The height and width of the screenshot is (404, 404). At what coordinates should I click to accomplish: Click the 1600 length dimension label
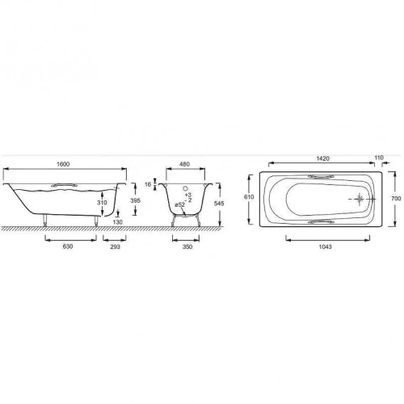tap(63, 164)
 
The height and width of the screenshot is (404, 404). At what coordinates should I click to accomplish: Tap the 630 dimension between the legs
tap(68, 246)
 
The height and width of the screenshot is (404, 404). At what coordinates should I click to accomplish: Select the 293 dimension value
tap(115, 246)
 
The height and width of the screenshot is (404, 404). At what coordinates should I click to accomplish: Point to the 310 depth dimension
tap(102, 202)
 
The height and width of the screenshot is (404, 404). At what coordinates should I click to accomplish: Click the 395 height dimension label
tap(135, 200)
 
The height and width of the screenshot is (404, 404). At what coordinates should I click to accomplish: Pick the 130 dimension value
tap(118, 222)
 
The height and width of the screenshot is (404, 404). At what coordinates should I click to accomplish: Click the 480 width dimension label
tap(184, 164)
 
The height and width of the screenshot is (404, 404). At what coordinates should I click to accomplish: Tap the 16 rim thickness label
tap(148, 184)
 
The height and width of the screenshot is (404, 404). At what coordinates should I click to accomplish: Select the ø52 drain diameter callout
tap(180, 204)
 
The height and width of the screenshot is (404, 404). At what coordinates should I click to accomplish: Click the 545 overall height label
tap(219, 204)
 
